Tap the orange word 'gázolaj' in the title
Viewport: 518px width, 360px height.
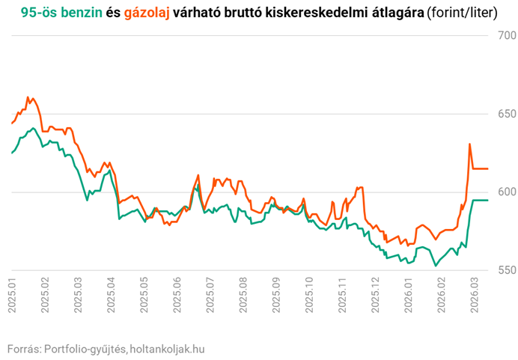146,13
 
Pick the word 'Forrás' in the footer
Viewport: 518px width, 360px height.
22,349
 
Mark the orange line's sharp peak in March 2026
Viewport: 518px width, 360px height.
469,144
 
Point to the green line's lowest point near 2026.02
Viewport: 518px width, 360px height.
435,266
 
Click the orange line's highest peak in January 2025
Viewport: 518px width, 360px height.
28,97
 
